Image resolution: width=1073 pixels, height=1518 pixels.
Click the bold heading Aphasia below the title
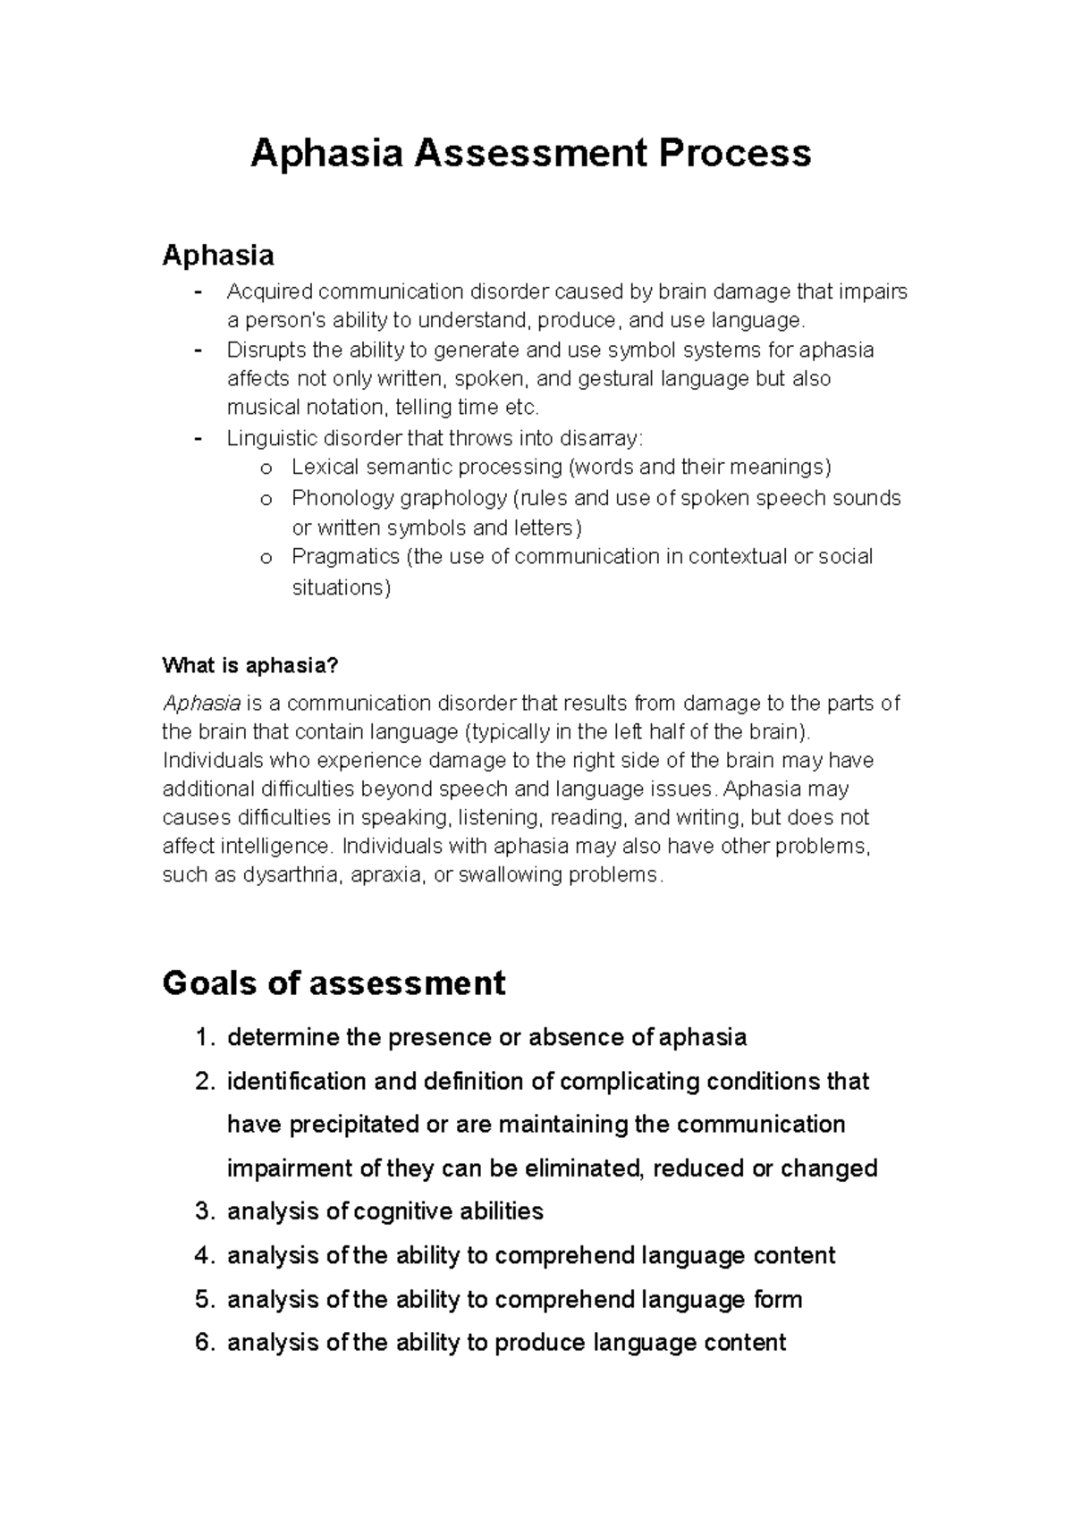pos(217,256)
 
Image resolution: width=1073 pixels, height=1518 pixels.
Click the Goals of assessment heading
pos(333,983)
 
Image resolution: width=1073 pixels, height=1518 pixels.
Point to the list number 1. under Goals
pos(205,1038)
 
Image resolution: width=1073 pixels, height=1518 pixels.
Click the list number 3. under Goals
pos(205,1212)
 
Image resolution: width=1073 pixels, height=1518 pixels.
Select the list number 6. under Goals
pos(205,1343)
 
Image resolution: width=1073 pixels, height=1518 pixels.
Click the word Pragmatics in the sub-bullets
pos(345,557)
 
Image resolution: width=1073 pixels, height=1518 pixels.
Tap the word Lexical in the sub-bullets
pos(325,468)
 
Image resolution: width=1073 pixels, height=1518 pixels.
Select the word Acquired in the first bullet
pos(269,292)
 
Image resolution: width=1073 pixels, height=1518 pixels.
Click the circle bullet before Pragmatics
pos(265,558)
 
